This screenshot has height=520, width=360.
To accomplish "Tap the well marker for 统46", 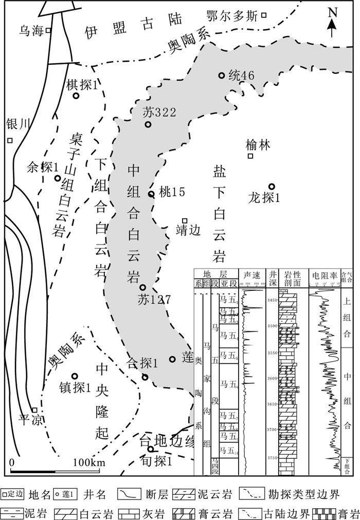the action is [x=222, y=76].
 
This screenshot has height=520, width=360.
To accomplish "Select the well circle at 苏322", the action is [x=148, y=124].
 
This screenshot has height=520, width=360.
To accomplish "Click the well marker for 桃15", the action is [x=151, y=194].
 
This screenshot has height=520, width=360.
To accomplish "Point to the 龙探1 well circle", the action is [x=272, y=187].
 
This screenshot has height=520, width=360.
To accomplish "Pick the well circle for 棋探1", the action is [x=76, y=96].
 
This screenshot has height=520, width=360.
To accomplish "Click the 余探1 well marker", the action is [x=58, y=178].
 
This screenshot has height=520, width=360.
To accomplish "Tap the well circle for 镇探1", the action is [x=74, y=376].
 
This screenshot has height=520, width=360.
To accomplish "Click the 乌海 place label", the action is [x=29, y=30].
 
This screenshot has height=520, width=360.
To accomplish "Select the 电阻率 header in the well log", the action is [x=323, y=275].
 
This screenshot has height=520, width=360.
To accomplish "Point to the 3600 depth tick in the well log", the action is [x=271, y=379].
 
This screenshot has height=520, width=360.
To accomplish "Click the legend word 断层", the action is [x=156, y=495].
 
